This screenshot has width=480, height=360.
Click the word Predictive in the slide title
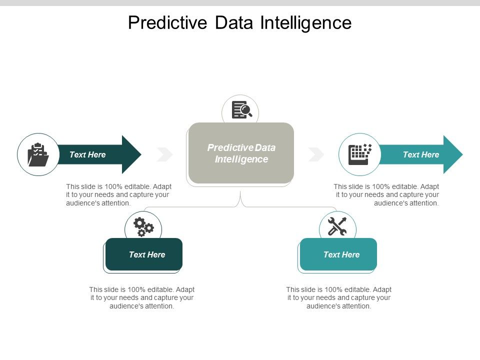click(x=163, y=23)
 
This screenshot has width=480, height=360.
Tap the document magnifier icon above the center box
click(x=241, y=110)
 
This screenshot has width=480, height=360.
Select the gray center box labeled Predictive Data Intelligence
click(x=241, y=153)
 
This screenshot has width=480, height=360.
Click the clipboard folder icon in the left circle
click(x=38, y=154)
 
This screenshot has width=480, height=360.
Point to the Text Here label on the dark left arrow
click(x=87, y=154)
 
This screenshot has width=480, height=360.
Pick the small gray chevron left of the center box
click(x=164, y=154)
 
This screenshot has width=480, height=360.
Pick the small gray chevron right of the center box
click(x=316, y=154)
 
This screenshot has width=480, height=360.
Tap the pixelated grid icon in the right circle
click(x=359, y=154)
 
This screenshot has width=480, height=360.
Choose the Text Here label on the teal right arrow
click(x=421, y=154)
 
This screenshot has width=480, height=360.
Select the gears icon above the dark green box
click(x=143, y=226)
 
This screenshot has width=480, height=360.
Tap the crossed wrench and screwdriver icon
click(x=337, y=226)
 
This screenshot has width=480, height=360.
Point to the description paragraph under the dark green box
click(x=142, y=297)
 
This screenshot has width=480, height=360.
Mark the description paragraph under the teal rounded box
click(x=338, y=297)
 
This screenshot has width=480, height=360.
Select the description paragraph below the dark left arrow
click(x=118, y=194)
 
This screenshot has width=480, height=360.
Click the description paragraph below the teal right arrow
click(x=386, y=194)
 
